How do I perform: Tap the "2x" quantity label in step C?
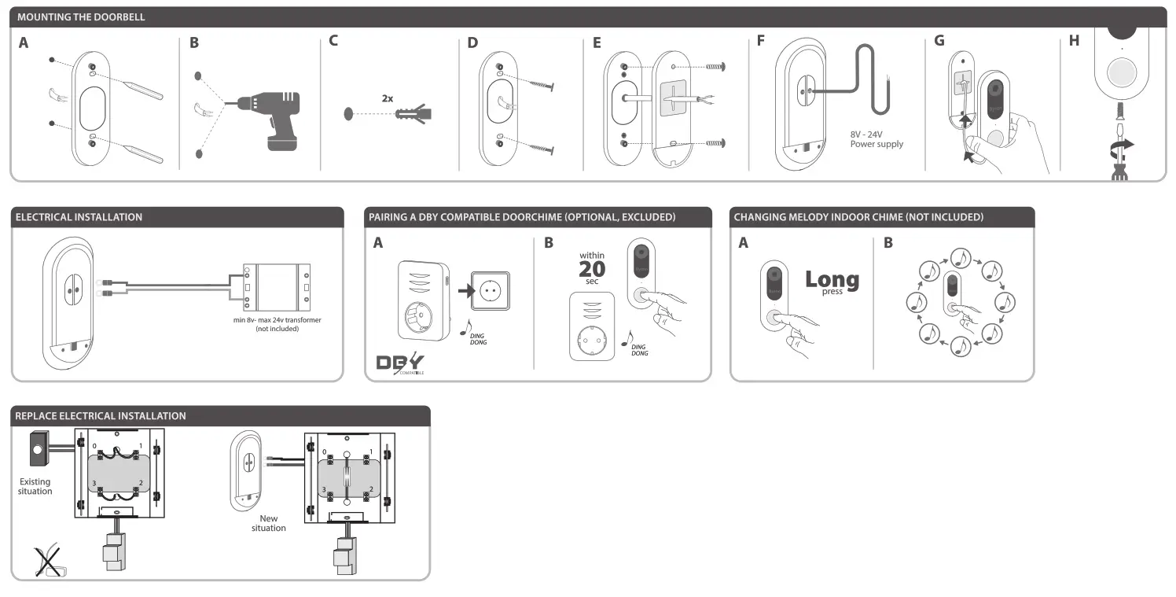(x=387, y=99)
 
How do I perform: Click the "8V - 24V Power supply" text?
(x=876, y=139)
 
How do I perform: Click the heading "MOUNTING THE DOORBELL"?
(x=81, y=17)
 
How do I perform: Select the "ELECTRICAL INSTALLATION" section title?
(x=79, y=217)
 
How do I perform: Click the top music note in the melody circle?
(x=960, y=256)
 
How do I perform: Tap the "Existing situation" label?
(x=35, y=486)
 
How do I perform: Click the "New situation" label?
(x=269, y=523)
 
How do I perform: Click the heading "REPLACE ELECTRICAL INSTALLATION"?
(x=101, y=415)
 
